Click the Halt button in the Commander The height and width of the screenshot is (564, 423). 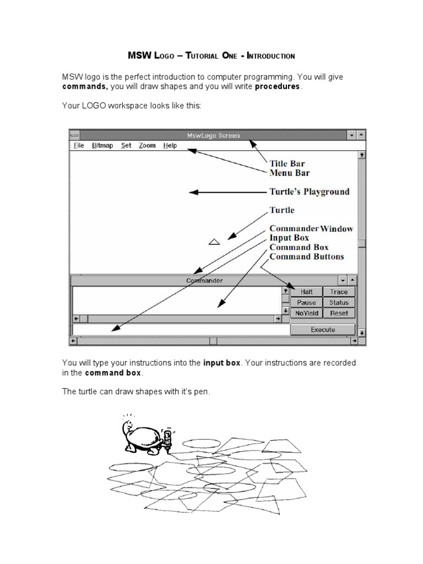coord(306,292)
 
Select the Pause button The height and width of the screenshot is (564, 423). coord(306,302)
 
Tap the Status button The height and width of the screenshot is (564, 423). coord(339,302)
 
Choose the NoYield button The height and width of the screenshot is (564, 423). coord(306,313)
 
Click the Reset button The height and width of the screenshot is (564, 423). coord(339,313)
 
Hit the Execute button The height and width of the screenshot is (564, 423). coord(323,329)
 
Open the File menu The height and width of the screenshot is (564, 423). coord(79,145)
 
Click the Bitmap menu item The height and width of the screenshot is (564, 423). coord(102,145)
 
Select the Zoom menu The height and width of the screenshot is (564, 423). coord(147,145)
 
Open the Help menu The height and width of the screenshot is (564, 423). coord(170,145)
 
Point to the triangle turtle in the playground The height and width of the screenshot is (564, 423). coord(214,241)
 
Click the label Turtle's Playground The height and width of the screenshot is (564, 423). coord(309,192)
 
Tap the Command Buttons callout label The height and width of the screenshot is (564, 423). coord(306,257)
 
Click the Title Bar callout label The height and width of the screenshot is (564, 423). coord(286,164)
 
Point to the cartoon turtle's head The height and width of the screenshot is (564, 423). coord(126,426)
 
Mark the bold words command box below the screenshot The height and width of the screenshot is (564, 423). coord(113,373)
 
